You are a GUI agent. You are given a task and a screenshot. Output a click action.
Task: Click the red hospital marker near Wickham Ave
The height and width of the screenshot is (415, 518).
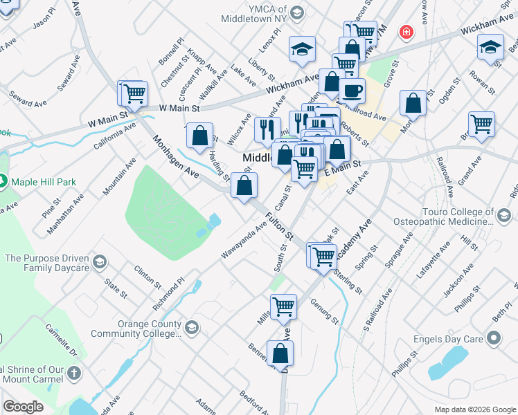tap(406, 32)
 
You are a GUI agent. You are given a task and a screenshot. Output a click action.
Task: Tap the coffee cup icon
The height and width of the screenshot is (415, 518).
tap(352, 91)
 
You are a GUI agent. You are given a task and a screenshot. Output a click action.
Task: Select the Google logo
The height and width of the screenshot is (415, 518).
tap(24, 407)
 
